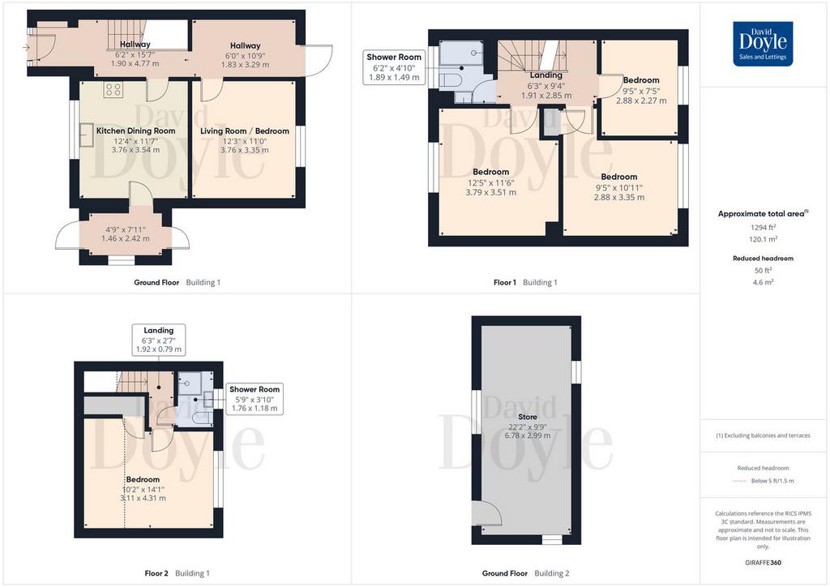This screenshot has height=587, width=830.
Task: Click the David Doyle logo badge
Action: (763, 44)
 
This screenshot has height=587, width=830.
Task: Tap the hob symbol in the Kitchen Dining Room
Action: (113, 89)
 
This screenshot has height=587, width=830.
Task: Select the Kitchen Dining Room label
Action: (135, 131)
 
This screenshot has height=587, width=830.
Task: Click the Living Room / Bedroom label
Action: (245, 131)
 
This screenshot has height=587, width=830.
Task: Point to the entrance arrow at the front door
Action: (27, 48)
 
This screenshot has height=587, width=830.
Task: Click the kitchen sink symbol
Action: (86, 135)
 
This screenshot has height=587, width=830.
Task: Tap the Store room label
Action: (527, 417)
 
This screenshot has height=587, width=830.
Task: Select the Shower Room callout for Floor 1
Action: (394, 67)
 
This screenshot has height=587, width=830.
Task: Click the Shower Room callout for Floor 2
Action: (255, 399)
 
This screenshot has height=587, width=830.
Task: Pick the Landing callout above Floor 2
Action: (159, 339)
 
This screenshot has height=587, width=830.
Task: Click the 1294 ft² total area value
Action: (764, 228)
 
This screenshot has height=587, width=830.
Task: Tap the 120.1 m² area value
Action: (764, 239)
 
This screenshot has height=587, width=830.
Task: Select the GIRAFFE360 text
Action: (763, 563)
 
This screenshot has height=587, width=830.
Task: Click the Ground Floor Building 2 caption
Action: (525, 573)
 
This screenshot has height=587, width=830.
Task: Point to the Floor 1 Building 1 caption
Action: (525, 283)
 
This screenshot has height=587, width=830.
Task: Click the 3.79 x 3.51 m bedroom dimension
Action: (490, 193)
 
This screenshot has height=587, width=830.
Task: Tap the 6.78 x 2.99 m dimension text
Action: (527, 435)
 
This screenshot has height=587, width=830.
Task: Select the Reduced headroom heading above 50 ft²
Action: (763, 259)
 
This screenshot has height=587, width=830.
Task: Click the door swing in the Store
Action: (489, 513)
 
